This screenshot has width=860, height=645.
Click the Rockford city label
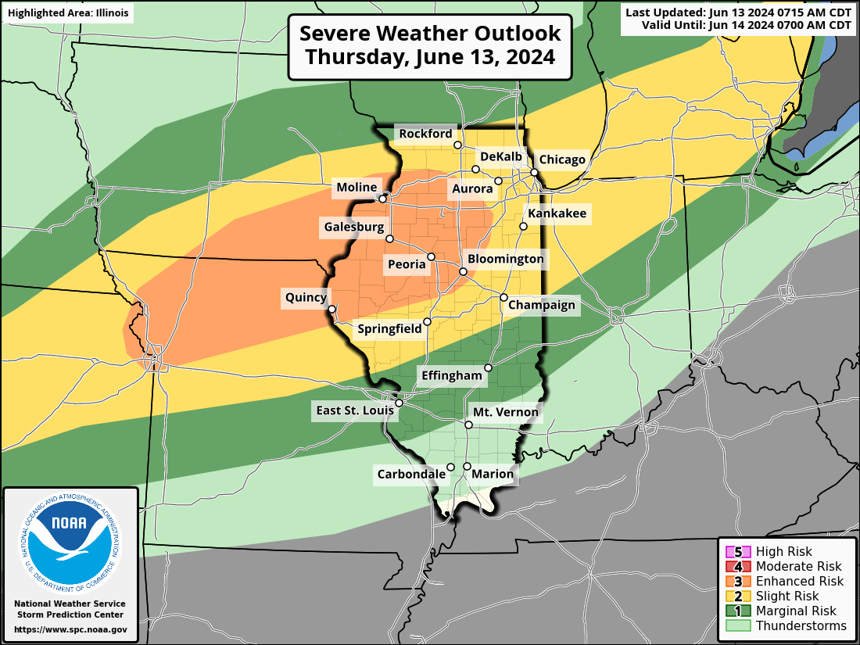tap(425, 134)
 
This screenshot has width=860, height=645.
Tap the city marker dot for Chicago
tap(535, 172)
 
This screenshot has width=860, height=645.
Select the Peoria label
tap(407, 264)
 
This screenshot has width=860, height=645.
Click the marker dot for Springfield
tap(428, 321)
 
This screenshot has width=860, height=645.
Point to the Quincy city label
tap(306, 297)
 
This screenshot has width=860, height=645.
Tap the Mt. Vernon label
tap(506, 412)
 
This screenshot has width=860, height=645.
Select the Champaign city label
tap(542, 306)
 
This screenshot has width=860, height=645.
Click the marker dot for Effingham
tap(489, 367)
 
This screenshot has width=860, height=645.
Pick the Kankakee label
tap(557, 213)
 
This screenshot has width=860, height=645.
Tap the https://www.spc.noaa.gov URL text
tap(71, 629)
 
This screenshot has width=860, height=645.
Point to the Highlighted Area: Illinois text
tap(67, 13)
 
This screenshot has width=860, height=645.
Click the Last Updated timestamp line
tap(739, 12)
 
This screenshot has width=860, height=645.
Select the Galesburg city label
tap(353, 228)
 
